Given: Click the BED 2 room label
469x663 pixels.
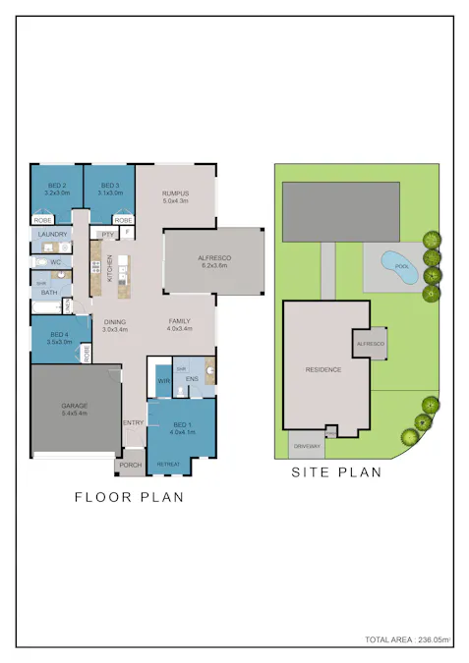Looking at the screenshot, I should pos(56,186).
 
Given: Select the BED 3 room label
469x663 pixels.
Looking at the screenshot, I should pos(109,186).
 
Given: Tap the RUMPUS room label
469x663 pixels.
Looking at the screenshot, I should pos(175,193).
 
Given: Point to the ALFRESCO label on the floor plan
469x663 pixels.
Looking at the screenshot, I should pos(213,257).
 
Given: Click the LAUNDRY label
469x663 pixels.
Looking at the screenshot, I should pos(52,235).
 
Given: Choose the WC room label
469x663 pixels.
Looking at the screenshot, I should pos(55,263).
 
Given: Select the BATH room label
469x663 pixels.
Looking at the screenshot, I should pos(49,292).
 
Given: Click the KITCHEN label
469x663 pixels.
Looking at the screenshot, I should pos(110,267).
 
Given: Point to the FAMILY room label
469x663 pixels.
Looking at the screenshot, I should pos(179,321).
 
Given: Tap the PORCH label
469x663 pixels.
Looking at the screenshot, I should pos(131,466).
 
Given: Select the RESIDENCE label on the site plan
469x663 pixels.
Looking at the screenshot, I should pos(322,370).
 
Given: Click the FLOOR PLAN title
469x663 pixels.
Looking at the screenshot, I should pos(130,497).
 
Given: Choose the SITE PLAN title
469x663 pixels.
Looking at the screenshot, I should pos(336,472).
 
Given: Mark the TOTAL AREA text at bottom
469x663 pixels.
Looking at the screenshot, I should pos(407,640).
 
